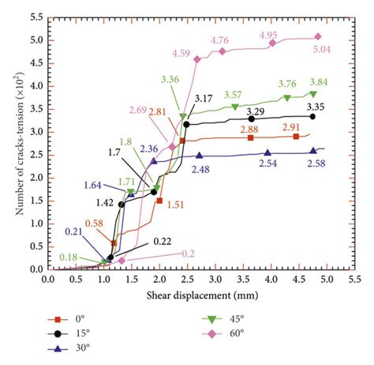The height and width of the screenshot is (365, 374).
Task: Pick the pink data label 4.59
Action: point(183,53)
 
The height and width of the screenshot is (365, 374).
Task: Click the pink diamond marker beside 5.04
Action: point(318,36)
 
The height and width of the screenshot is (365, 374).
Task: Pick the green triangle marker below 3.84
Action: point(313,94)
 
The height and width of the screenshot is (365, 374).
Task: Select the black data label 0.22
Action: point(163,240)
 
